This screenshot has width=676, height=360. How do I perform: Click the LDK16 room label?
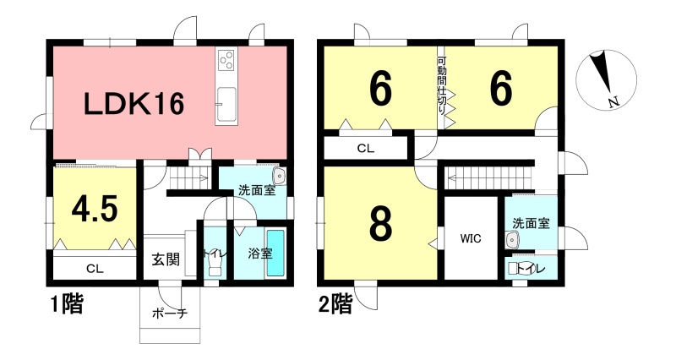coord(134,104)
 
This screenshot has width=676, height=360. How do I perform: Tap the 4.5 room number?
coord(95,210)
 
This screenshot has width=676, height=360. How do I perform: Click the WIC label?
coord(471,238)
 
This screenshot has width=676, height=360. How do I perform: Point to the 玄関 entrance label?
coord(165,259)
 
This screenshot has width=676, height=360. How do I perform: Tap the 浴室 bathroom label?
coord(260,253)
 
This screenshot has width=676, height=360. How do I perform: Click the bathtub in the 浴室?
coord(275,253)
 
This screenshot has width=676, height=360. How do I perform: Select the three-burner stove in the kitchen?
coord(226,60)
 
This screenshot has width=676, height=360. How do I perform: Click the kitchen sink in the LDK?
coord(226,105)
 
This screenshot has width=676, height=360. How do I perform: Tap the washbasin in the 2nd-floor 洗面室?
coord(512,240)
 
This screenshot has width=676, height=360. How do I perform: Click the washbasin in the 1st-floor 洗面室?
coord(279,176)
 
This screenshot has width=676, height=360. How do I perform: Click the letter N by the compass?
coord(615,102)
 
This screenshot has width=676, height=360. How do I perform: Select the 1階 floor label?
coord(67,304)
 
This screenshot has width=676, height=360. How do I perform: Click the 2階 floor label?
coord(335,304)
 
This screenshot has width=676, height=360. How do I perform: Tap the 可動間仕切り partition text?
coord(441,86)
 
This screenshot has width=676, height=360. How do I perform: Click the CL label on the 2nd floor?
coord(366,149)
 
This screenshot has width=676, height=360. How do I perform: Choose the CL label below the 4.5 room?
coord(95,269)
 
